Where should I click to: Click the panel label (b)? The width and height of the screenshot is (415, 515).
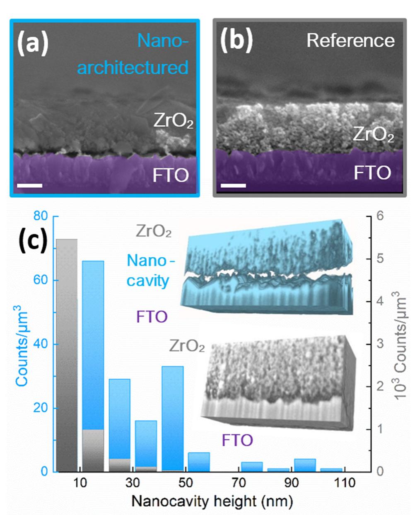pos(236,41)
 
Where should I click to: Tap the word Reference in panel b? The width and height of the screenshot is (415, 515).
pos(350,41)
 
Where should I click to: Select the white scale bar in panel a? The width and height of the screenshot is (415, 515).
pos(30,185)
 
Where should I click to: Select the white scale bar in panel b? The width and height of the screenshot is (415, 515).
pos(233,185)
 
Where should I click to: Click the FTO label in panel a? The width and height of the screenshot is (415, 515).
pos(171,175)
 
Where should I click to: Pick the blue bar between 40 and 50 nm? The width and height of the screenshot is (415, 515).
pos(172,418)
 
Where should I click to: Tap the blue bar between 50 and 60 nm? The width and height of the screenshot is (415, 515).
pos(199,462)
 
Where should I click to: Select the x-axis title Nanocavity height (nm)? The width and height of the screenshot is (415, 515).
pos(212,501)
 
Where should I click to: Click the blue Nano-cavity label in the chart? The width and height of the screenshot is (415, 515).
pos(148,271)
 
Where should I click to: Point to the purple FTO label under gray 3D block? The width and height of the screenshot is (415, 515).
pos(237,440)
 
